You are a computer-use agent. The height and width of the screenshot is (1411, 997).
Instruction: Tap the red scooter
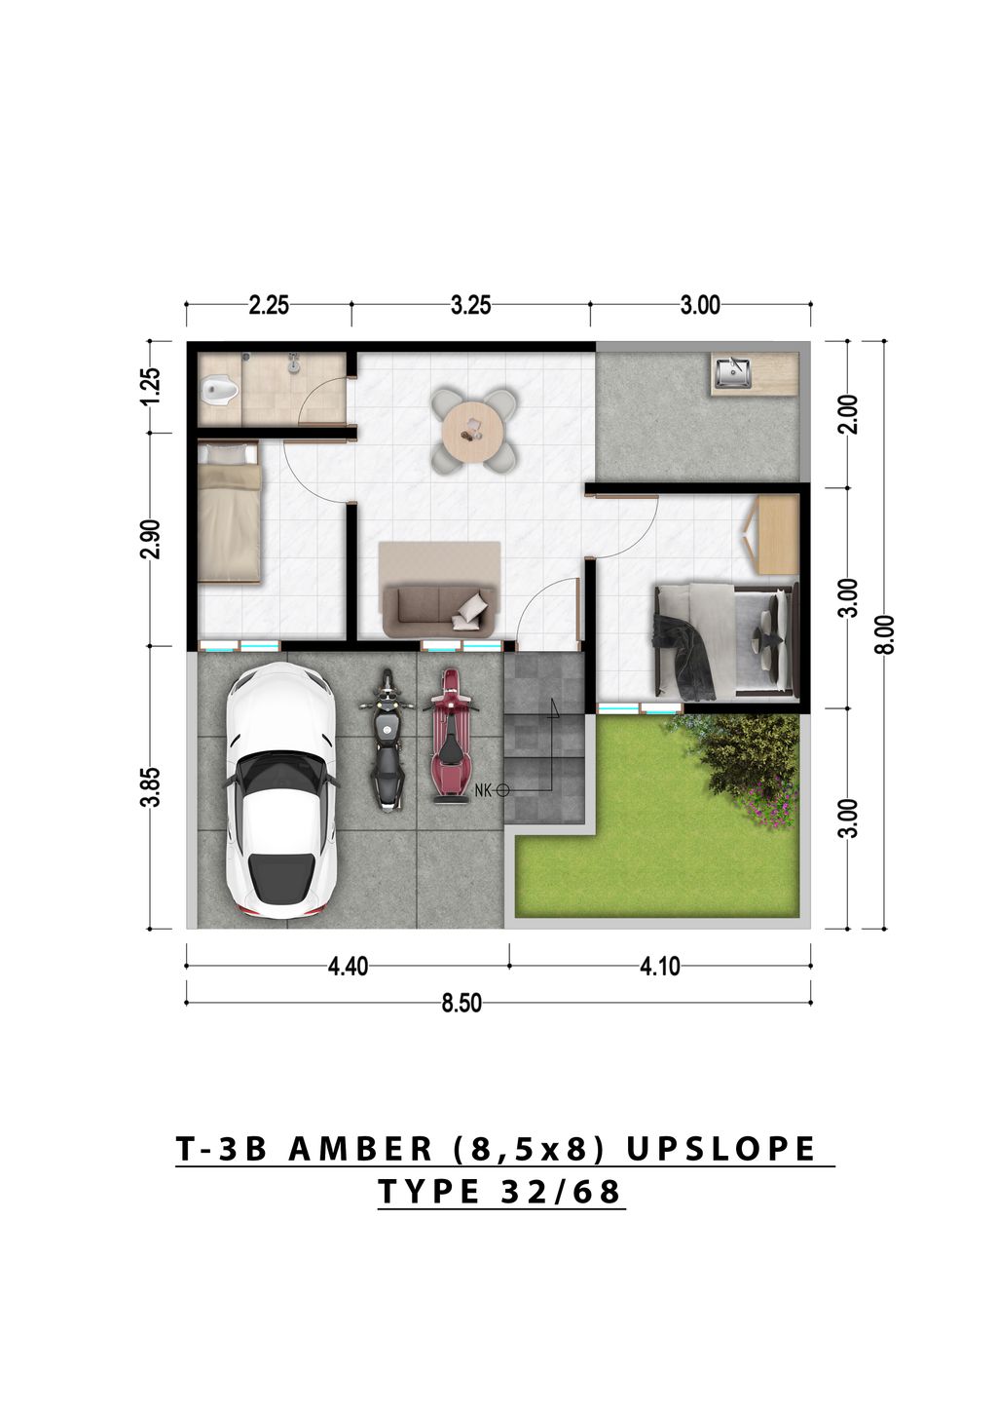(450, 736)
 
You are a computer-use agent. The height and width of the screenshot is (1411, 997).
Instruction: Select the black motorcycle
(388, 741)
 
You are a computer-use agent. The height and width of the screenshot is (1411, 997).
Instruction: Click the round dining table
(473, 430)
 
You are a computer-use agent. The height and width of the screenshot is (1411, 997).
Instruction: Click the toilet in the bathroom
(219, 392)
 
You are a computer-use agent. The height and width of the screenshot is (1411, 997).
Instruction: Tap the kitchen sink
(732, 372)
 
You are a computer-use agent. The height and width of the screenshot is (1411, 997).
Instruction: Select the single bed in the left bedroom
(229, 513)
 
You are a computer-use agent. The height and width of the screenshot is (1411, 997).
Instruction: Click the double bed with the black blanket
(725, 641)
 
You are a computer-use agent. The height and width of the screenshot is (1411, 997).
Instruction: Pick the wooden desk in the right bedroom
(776, 534)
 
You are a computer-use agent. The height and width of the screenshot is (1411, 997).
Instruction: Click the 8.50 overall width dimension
(462, 1004)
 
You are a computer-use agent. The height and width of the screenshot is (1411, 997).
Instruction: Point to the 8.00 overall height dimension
(884, 635)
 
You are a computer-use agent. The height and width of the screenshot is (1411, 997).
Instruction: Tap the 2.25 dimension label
(269, 305)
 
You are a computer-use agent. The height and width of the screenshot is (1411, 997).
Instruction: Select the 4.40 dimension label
(349, 967)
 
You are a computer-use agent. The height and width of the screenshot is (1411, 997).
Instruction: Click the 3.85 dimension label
(150, 787)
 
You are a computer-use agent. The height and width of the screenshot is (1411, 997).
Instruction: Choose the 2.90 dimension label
(150, 540)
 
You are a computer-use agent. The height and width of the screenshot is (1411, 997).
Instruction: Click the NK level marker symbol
(502, 790)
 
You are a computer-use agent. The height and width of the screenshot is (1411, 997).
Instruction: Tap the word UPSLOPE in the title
(720, 1149)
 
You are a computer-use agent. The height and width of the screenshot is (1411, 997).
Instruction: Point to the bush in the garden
(750, 760)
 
